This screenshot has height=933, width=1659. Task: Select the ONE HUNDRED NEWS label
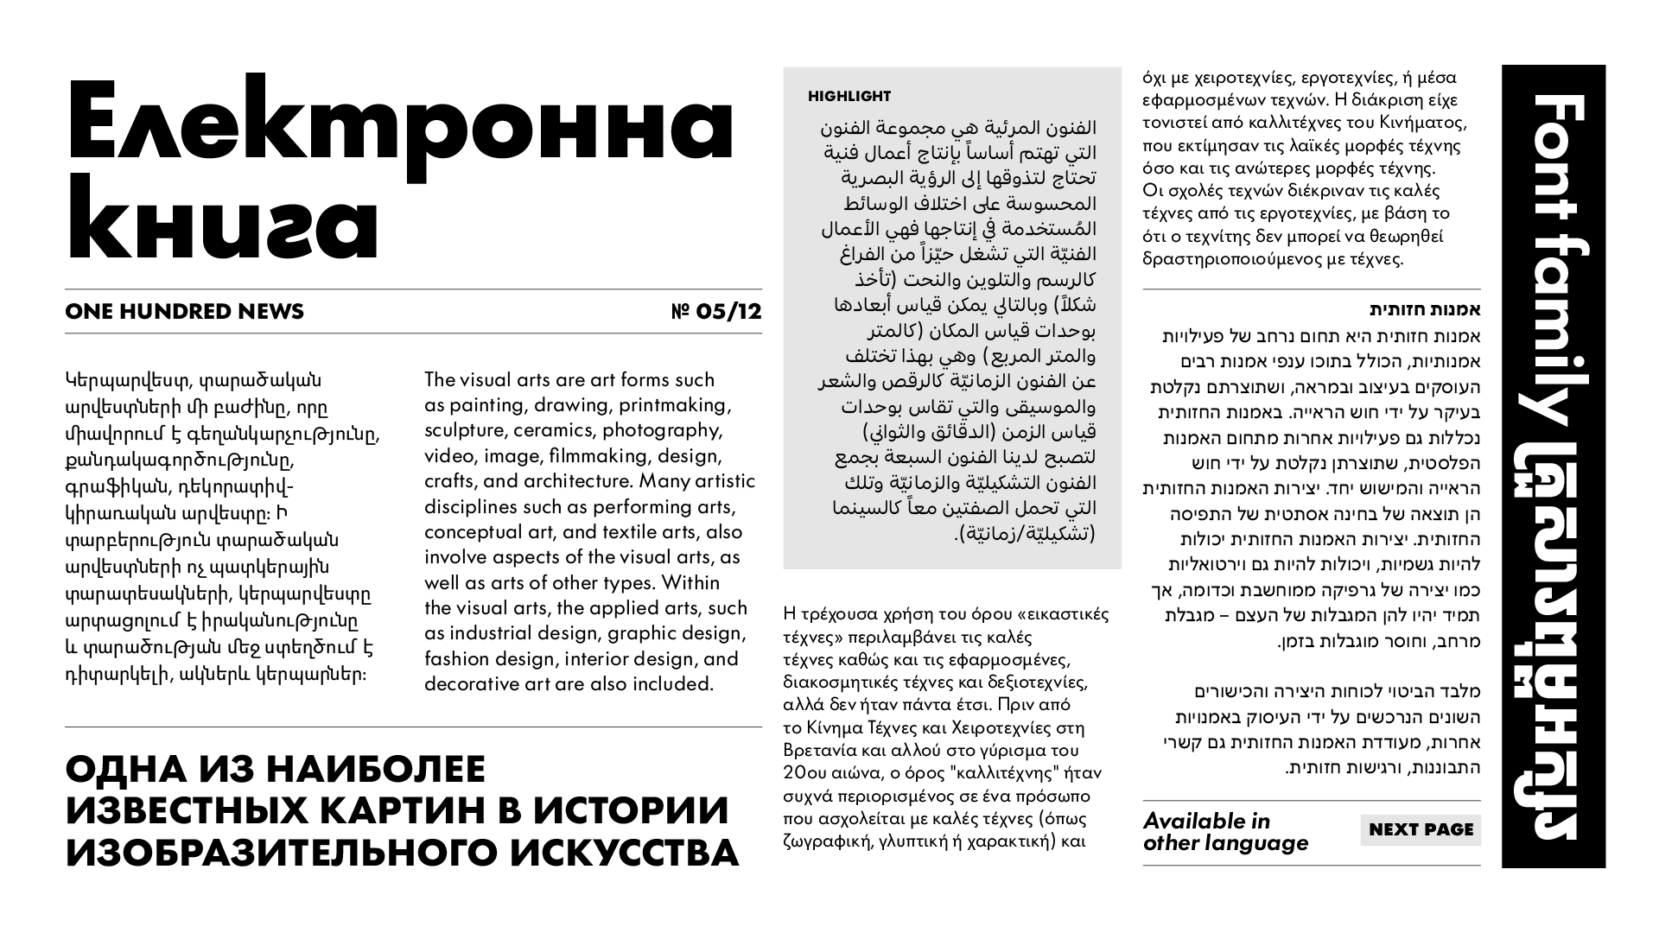pos(184,312)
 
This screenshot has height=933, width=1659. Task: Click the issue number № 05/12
pos(716,312)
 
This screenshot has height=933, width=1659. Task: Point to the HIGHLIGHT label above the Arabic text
pos(849,96)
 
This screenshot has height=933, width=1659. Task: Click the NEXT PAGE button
pos(1421,829)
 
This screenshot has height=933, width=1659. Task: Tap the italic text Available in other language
pos(1225,832)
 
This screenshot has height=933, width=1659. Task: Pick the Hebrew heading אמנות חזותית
pos(1425,309)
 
